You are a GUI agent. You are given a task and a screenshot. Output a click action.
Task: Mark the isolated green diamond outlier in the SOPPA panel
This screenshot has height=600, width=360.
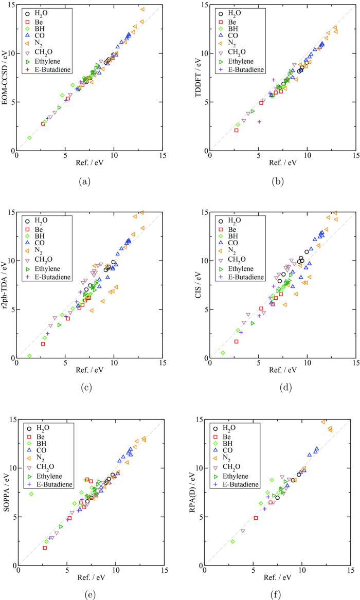[x=31, y=494]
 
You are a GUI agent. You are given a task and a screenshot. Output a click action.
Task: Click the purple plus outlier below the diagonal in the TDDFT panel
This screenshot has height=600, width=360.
[x=259, y=122]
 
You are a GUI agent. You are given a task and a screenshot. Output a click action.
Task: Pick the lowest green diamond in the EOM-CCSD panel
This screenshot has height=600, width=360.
[x=29, y=138]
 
